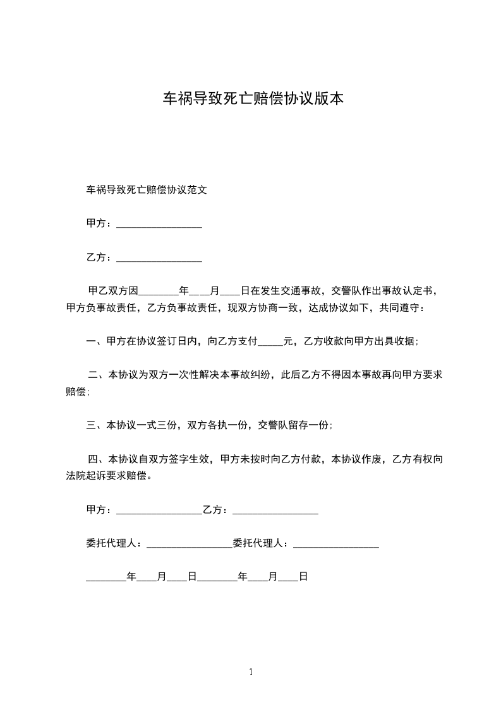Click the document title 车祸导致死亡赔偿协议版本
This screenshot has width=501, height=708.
click(x=253, y=98)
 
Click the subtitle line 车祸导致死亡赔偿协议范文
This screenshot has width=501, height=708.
click(x=147, y=189)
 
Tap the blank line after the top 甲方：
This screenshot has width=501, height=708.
click(x=159, y=224)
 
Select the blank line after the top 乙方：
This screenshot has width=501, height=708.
click(x=159, y=258)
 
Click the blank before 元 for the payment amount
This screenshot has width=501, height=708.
click(x=271, y=342)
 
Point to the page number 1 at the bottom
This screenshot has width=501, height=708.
click(x=251, y=673)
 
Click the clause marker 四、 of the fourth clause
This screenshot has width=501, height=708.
click(x=99, y=459)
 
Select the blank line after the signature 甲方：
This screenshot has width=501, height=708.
click(x=159, y=510)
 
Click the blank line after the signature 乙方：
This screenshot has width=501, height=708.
click(x=275, y=510)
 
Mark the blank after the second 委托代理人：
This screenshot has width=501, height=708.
click(x=336, y=543)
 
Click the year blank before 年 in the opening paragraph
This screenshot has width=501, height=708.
click(x=159, y=292)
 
